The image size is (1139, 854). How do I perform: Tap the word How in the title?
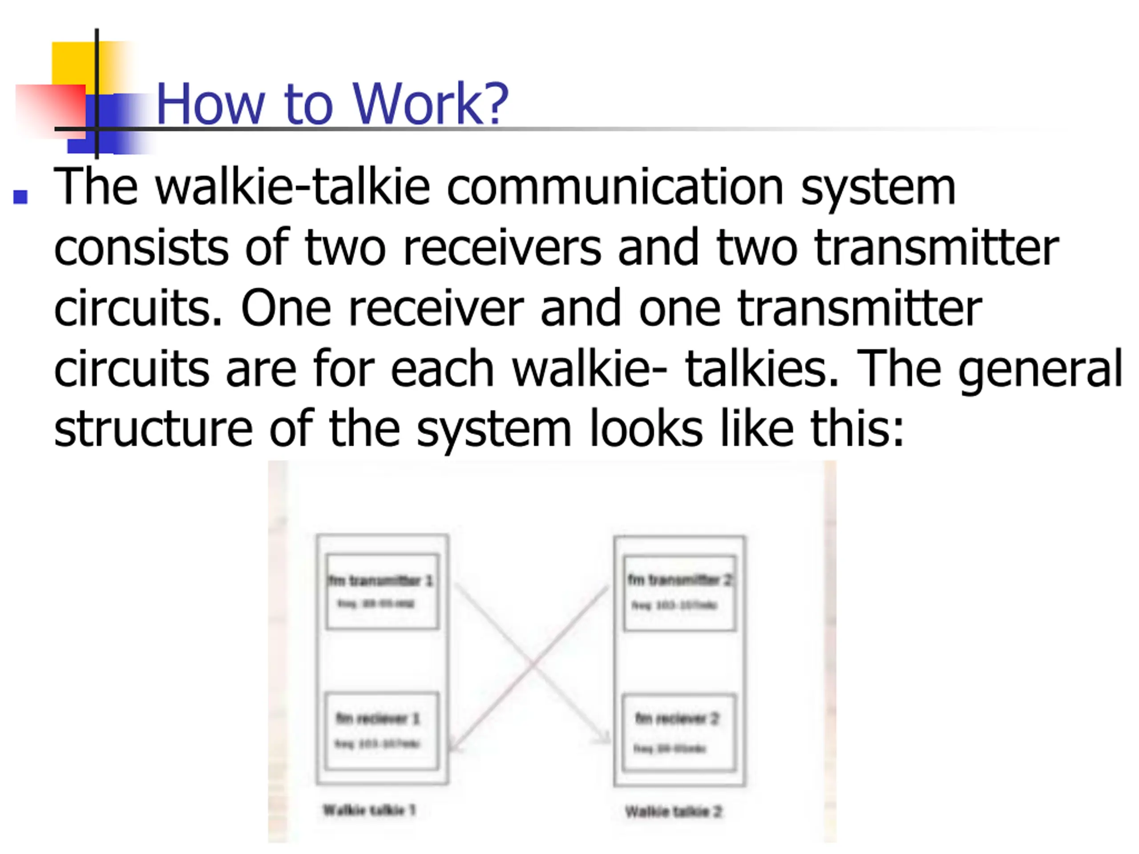pyautogui.click(x=210, y=104)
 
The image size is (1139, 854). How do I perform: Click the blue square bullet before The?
pyautogui.click(x=20, y=197)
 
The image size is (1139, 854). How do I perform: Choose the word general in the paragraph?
pyautogui.click(x=1040, y=369)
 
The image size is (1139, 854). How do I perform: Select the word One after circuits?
pyautogui.click(x=286, y=308)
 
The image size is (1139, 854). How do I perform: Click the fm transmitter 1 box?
pyautogui.click(x=382, y=592)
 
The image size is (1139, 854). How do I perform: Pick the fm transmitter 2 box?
pyautogui.click(x=679, y=592)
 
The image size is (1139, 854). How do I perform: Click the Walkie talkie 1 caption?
pyautogui.click(x=369, y=810)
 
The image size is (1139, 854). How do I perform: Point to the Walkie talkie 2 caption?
pyautogui.click(x=673, y=812)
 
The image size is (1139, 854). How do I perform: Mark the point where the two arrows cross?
pyautogui.click(x=532, y=665)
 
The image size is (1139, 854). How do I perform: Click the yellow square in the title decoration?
pyautogui.click(x=75, y=64)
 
